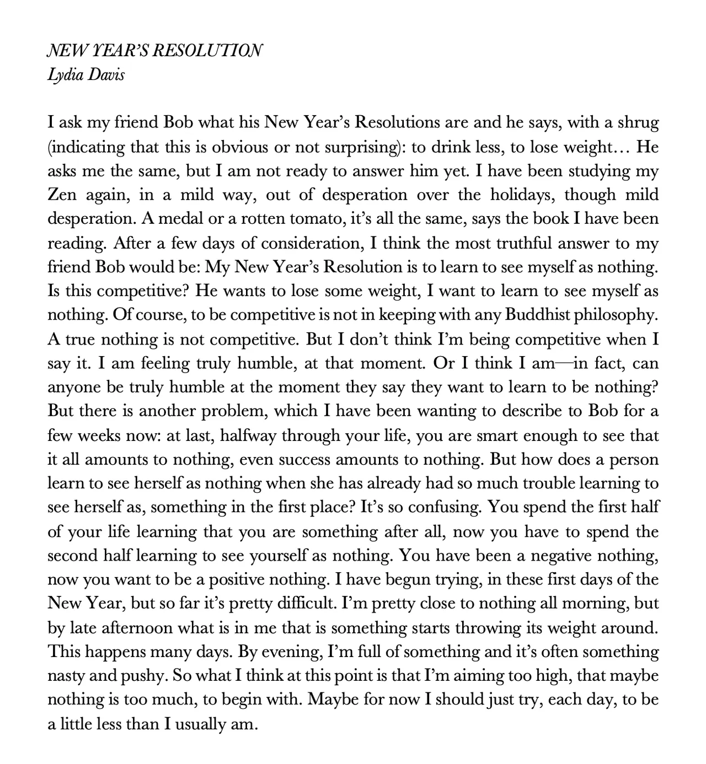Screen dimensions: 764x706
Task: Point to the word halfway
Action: point(248,436)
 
